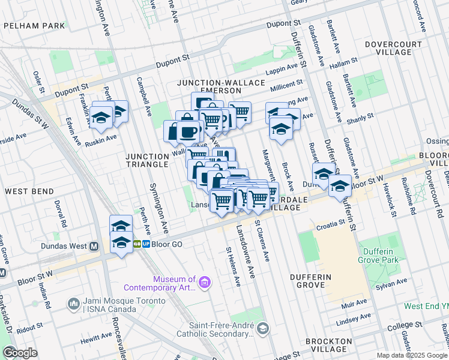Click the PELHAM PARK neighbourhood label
pyautogui.click(x=34, y=26)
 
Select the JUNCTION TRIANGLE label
pyautogui.click(x=146, y=160)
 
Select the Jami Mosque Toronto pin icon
pyautogui.click(x=74, y=305)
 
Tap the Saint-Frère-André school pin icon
pyautogui.click(x=262, y=328)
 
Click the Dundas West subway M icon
pyautogui.click(x=94, y=246)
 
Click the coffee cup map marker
pyautogui.click(x=188, y=132)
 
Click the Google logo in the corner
pyautogui.click(x=20, y=353)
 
